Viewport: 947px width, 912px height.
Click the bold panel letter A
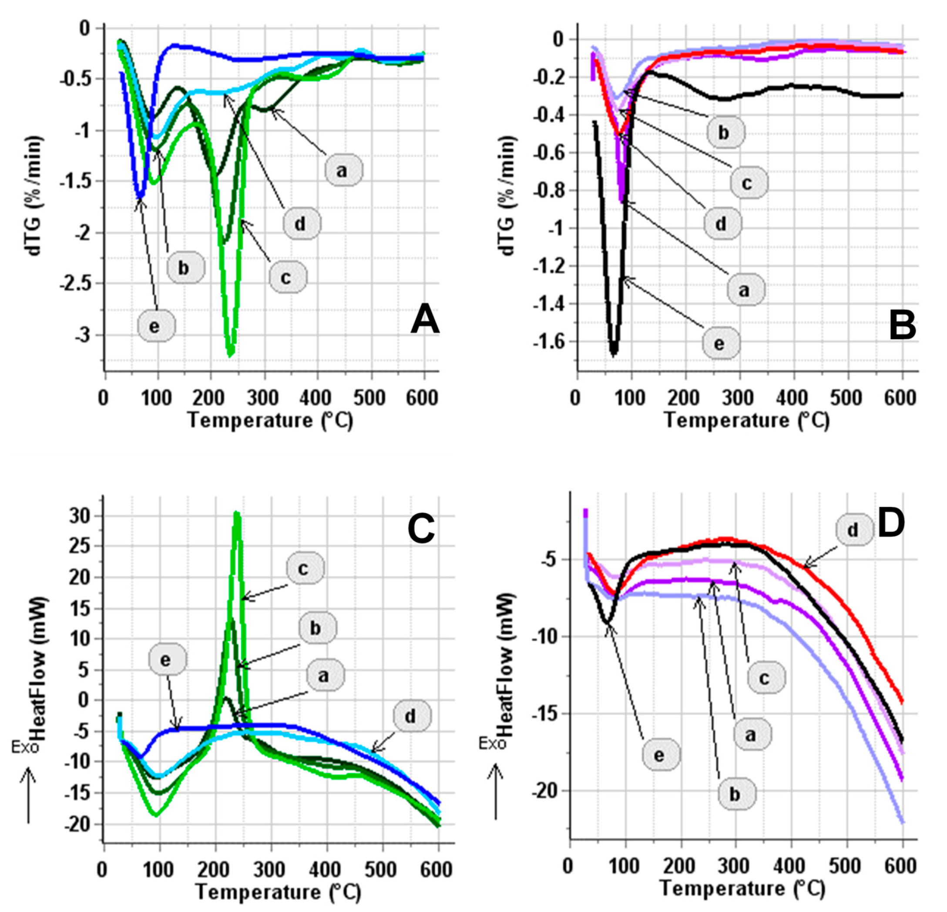click(x=425, y=321)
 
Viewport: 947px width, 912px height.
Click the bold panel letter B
click(x=902, y=326)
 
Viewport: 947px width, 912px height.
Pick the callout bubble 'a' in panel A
click(x=343, y=170)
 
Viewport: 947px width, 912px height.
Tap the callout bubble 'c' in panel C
click(x=304, y=569)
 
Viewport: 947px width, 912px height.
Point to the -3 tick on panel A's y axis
click(x=82, y=335)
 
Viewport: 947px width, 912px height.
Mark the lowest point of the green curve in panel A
click(x=231, y=355)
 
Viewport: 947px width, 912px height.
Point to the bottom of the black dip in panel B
click(x=614, y=354)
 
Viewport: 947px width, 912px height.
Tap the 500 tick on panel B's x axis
click(x=847, y=398)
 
